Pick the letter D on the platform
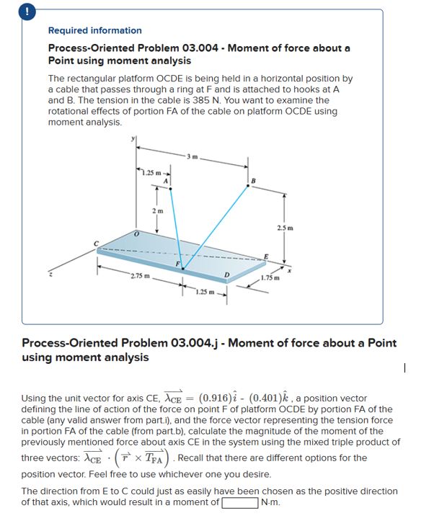click(227, 277)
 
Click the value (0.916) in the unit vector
click(220, 398)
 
